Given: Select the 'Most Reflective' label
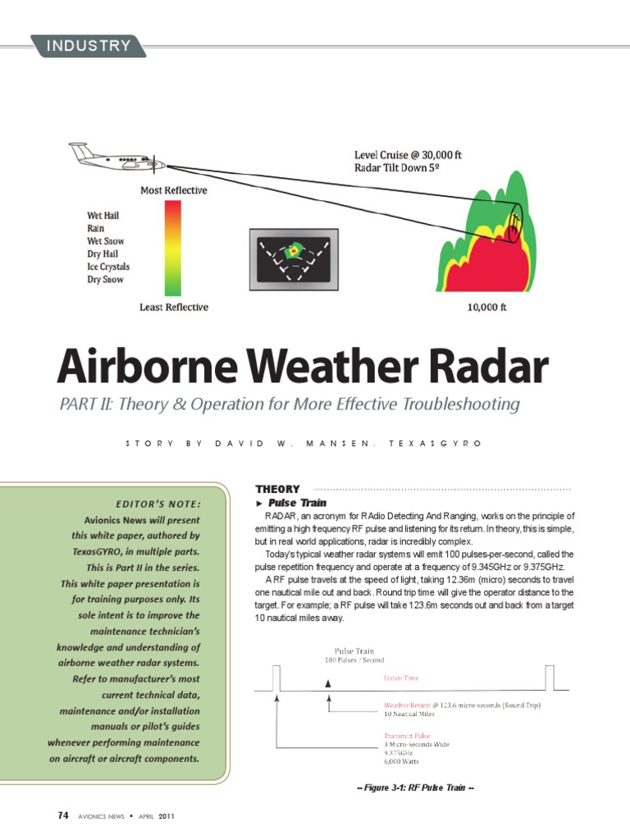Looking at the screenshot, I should point(173,190).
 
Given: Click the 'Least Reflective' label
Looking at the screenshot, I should point(173,308).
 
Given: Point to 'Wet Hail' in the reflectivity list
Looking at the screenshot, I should point(103,216).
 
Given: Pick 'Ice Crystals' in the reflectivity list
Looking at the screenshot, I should point(108,267).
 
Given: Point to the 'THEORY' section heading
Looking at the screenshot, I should point(277,489).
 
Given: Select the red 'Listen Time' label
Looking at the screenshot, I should point(402,678).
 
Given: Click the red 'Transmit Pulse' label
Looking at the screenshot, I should point(407,736).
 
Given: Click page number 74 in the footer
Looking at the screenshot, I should point(63,816).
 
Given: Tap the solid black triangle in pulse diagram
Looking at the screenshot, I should point(329,682).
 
